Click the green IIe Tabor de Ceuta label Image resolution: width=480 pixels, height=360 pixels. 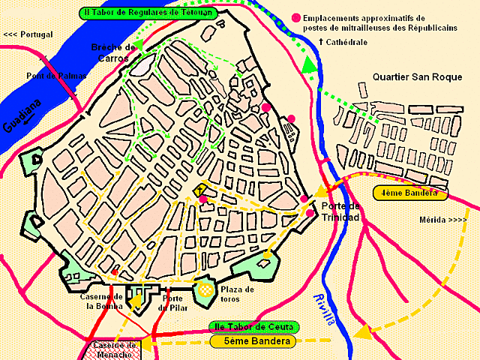pyautogui.click(x=253, y=328)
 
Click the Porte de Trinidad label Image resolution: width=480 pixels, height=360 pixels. pyautogui.click(x=340, y=211)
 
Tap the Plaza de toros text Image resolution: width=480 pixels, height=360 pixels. pyautogui.click(x=237, y=294)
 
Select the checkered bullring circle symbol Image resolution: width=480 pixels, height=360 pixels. pyautogui.click(x=205, y=289)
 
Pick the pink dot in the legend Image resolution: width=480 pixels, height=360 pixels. pyautogui.click(x=298, y=17)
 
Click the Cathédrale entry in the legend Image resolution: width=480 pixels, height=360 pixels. pyautogui.click(x=343, y=42)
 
